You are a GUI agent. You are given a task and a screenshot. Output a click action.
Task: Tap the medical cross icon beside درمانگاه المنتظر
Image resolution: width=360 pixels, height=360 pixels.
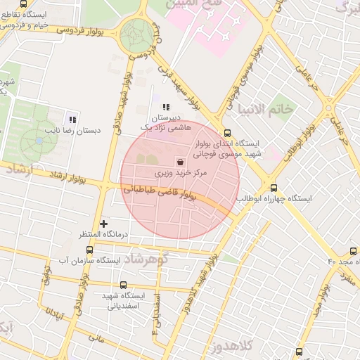click(104, 223)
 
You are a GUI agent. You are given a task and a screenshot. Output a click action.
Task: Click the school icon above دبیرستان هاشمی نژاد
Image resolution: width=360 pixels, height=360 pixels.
click(166, 106)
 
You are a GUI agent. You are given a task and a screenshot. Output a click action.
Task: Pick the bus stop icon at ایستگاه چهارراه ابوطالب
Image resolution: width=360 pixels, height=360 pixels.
click(274, 188)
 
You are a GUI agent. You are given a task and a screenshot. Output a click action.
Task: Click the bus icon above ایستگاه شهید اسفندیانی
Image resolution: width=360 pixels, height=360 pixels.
click(124, 285)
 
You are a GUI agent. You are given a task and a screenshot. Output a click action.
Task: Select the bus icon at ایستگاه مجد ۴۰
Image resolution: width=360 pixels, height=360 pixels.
click(353, 250)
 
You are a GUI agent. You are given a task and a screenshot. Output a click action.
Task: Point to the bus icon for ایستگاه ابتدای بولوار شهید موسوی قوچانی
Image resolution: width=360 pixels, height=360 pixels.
click(226, 132)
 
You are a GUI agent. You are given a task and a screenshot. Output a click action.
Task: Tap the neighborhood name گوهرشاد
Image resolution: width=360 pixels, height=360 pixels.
click(148, 260)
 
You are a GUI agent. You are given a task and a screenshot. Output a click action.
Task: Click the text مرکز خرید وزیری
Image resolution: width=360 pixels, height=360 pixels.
click(182, 172)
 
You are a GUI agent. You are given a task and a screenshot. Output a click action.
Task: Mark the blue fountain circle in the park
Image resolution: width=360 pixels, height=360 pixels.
click(39, 140)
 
